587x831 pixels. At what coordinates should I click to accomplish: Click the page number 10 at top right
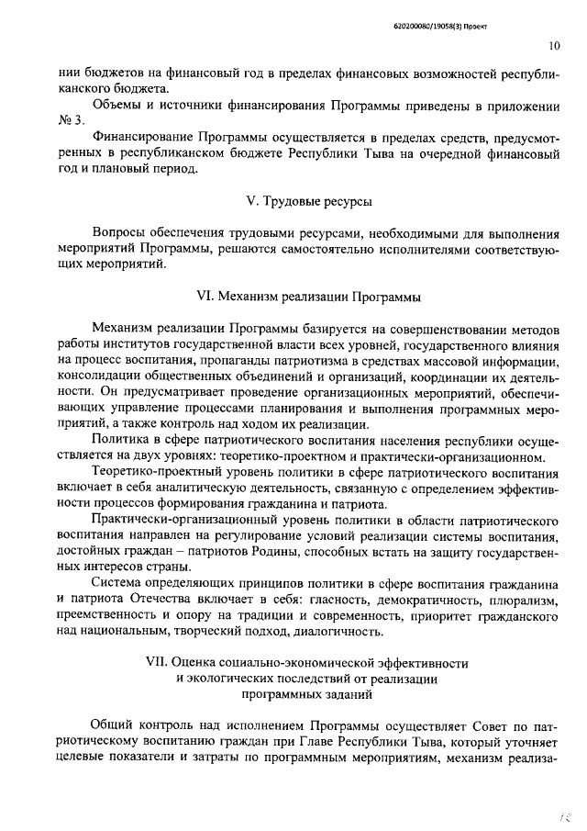tap(554, 45)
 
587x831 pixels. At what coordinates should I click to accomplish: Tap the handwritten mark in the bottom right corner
tap(563, 814)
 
